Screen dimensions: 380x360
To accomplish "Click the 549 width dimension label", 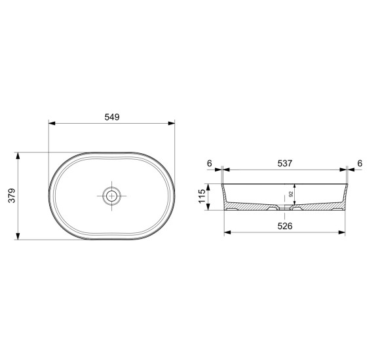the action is [112, 117].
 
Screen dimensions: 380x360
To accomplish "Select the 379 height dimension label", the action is [12, 196].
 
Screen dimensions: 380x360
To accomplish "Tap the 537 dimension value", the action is [285, 164].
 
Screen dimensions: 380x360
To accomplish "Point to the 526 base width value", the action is [285, 226].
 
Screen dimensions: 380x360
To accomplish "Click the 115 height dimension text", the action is [202, 196].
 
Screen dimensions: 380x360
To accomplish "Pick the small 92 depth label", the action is [291, 194].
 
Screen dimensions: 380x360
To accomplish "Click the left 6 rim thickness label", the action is [210, 164].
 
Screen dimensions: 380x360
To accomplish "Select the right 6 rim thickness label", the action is [360, 164].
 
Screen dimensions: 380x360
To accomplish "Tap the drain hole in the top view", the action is [111, 196].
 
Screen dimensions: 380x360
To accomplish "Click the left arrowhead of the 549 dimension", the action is [52, 123].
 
